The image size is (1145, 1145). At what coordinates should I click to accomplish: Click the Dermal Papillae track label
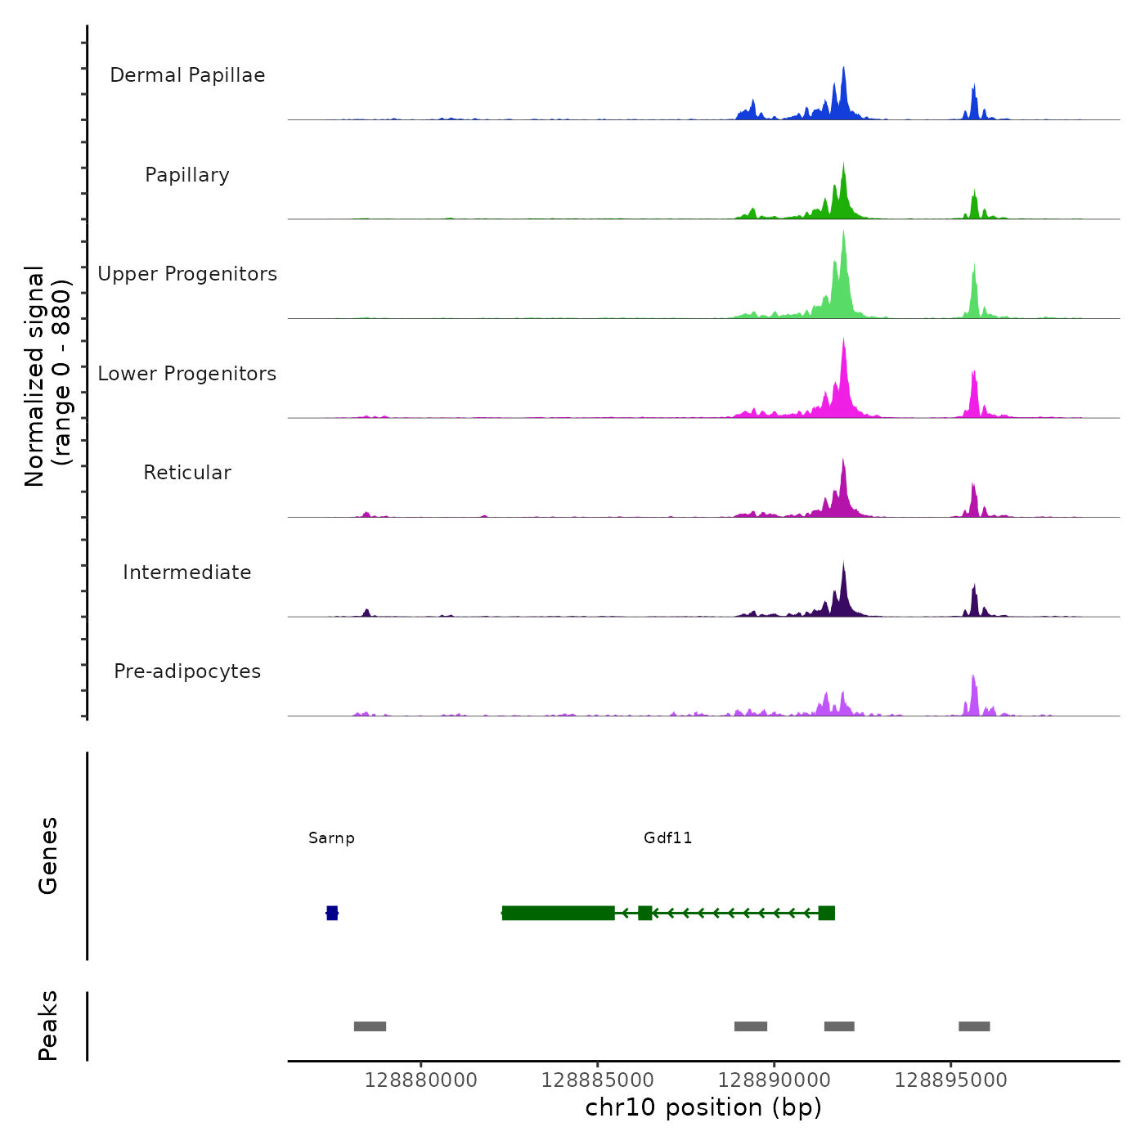187,75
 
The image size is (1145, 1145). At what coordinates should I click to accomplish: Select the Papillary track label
187,175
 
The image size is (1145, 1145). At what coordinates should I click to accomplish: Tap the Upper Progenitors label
187,274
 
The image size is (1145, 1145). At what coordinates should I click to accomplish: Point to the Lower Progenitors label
187,374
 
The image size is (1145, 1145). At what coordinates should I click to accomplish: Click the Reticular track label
187,473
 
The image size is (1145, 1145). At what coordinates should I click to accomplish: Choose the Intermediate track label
187,572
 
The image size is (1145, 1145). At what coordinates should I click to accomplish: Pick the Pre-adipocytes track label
187,671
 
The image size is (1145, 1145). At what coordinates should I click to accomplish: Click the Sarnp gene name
331,838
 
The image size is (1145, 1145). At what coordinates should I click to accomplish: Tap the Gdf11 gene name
667,838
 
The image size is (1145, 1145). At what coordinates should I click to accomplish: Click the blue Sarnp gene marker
332,913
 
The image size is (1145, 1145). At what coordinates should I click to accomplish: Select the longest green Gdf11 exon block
559,913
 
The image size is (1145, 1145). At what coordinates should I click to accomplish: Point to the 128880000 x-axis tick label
420,1080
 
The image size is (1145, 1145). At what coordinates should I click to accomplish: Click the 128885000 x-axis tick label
597,1080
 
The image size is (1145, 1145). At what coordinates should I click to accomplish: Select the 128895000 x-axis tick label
950,1080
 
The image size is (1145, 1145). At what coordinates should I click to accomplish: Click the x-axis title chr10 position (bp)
703,1107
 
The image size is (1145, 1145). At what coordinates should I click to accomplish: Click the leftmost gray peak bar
370,1026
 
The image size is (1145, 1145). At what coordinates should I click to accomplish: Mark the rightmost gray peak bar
974,1026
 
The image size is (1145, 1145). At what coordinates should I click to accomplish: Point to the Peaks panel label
48,1026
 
